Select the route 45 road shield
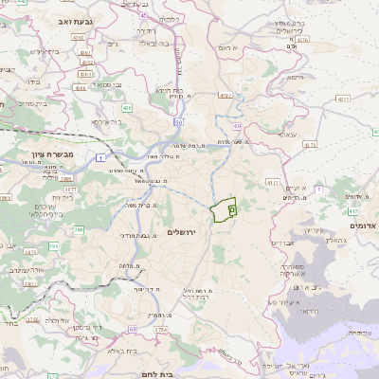click(x=143, y=15)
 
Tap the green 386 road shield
click(x=80, y=229)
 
